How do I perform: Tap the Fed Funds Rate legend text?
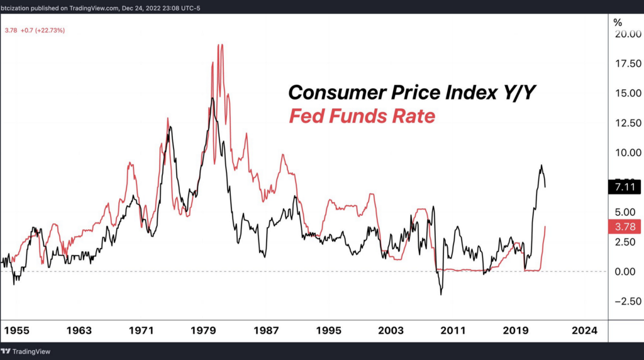(x=362, y=116)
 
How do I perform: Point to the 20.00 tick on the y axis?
(x=628, y=34)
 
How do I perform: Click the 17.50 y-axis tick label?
(x=628, y=64)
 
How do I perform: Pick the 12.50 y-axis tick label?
(x=628, y=123)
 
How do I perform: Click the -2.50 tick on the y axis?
(x=626, y=301)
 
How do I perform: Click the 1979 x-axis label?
(x=204, y=330)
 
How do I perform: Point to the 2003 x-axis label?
(x=391, y=330)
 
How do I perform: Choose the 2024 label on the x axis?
(x=584, y=330)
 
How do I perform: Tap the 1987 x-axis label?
(x=266, y=330)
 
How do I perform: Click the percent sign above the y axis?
(x=618, y=22)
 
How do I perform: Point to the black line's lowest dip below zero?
(x=441, y=294)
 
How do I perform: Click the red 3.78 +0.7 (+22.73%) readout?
(x=34, y=30)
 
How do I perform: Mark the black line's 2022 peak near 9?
(x=541, y=166)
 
